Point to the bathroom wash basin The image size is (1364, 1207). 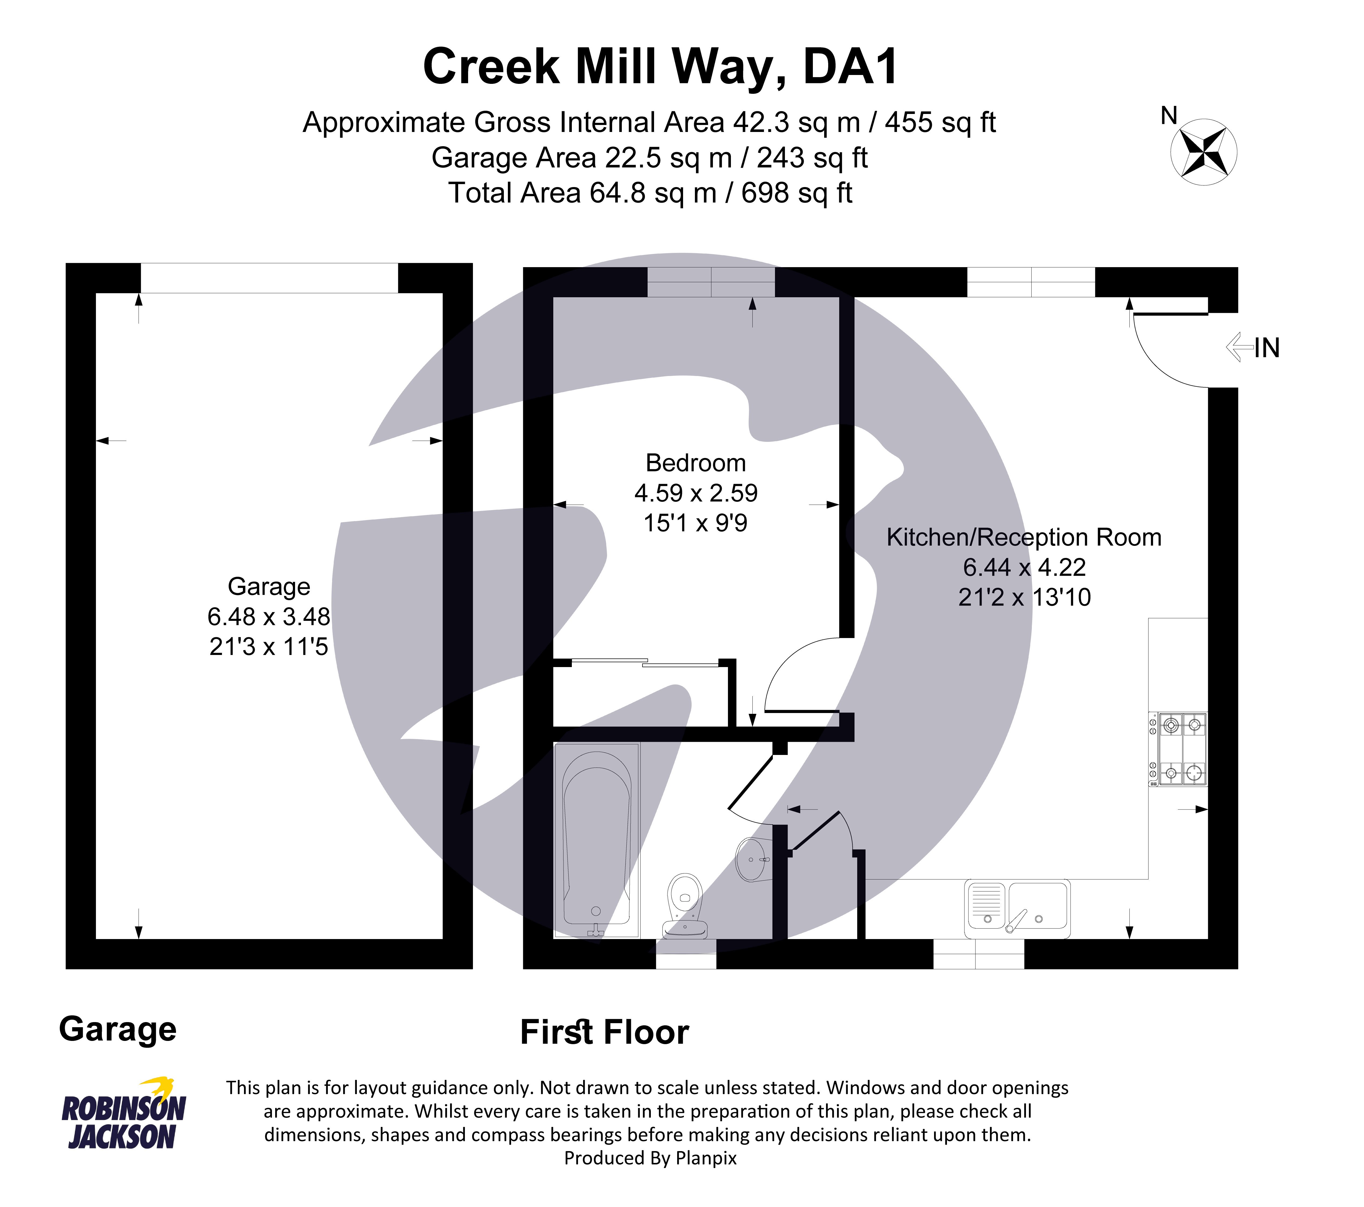pyautogui.click(x=753, y=860)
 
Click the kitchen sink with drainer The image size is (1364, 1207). pyautogui.click(x=1017, y=909)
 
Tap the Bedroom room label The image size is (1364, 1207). pyautogui.click(x=695, y=463)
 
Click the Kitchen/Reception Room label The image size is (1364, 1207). pyautogui.click(x=1024, y=538)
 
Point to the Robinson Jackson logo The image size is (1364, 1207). pyautogui.click(x=124, y=1115)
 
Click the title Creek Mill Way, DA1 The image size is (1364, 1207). pyautogui.click(x=661, y=67)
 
